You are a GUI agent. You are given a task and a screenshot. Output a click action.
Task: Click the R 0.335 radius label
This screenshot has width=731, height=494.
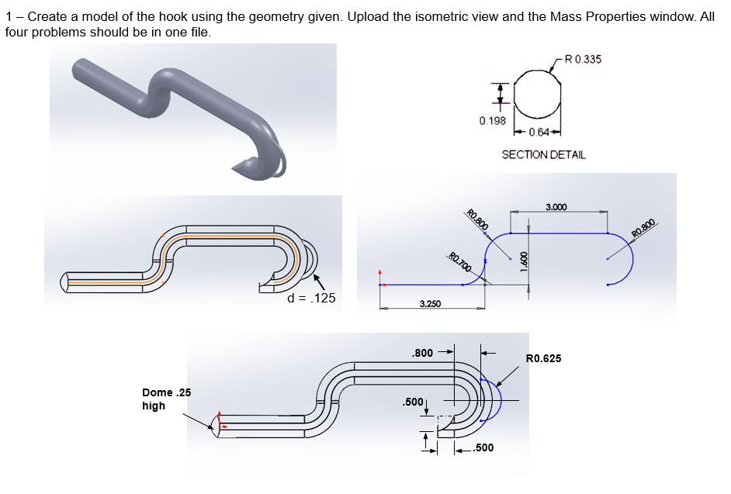click(584, 59)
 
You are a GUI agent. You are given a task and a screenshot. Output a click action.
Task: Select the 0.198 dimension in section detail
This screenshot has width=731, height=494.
click(492, 121)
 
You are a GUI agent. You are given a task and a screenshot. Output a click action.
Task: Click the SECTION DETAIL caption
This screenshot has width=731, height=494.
click(543, 154)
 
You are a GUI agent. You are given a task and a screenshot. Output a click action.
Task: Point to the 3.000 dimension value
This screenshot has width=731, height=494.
click(556, 207)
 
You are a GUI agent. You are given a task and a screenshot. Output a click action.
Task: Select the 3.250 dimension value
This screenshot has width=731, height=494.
click(431, 304)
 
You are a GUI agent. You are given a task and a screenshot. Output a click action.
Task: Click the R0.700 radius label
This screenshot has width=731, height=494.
click(460, 262)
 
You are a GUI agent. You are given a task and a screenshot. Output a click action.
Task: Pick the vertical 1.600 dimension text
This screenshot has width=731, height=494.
click(524, 261)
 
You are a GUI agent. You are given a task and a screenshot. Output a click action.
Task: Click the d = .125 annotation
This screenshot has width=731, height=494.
click(311, 298)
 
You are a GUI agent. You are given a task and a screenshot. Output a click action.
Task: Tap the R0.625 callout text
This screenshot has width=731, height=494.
click(543, 358)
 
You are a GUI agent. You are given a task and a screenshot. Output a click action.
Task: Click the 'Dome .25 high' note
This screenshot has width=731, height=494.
click(166, 399)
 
